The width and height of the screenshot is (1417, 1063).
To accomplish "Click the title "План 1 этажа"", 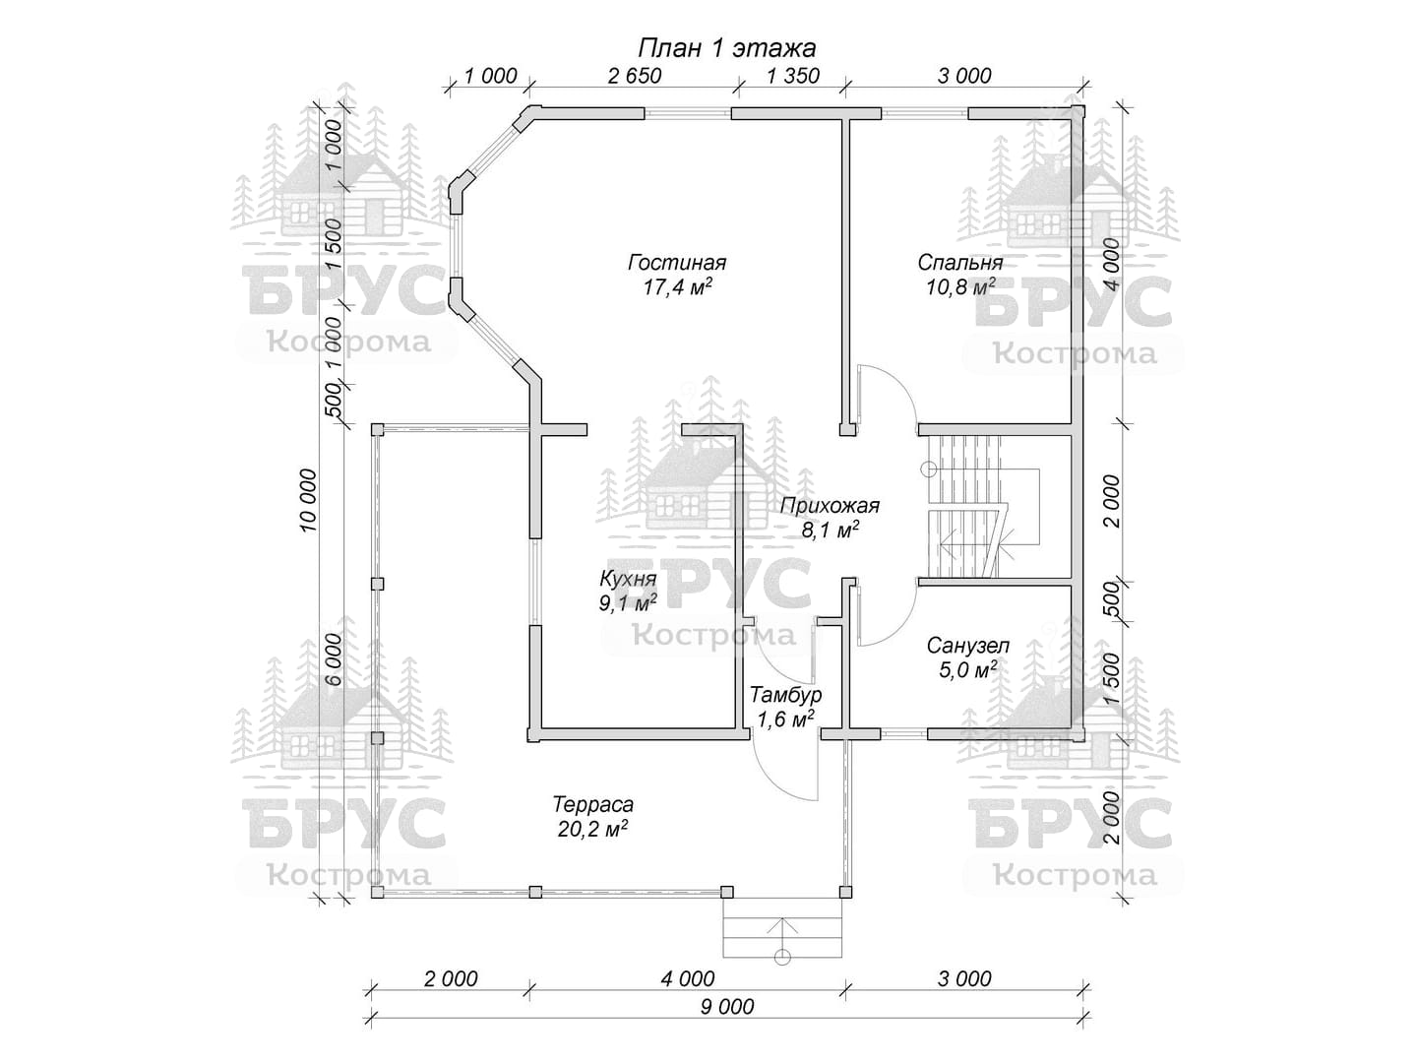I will [727, 47].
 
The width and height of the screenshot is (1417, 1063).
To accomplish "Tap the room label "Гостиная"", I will [677, 263].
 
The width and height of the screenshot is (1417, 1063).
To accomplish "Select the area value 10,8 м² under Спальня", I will [959, 287].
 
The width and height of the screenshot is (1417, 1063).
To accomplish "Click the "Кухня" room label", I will [627, 579].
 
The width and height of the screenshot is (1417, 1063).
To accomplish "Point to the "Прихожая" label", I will [830, 506].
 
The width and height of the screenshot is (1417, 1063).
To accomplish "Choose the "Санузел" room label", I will [967, 647].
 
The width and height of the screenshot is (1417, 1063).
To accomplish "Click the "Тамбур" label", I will [785, 695].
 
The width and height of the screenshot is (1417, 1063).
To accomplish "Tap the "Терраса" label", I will [592, 804].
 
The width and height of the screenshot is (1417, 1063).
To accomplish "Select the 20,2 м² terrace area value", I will [592, 829].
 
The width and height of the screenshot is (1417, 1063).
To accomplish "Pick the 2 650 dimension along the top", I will [635, 76].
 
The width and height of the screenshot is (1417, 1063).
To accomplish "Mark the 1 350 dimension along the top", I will [792, 76].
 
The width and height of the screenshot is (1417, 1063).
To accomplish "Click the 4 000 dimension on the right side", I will [1112, 264].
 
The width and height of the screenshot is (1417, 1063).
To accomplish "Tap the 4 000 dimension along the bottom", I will [688, 978].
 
